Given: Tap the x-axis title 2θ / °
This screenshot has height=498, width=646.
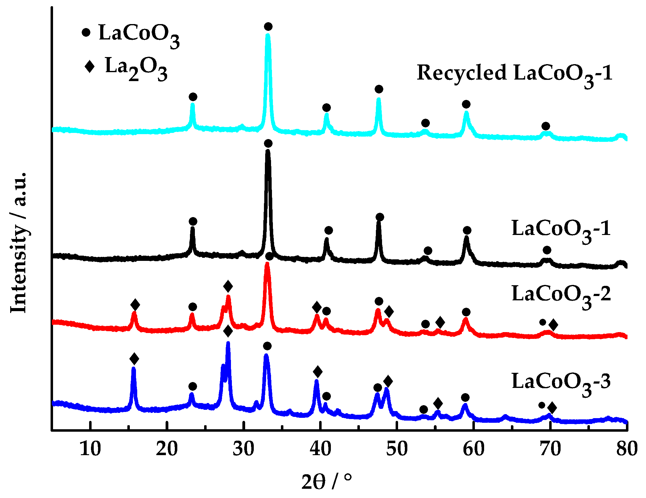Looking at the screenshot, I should tap(326, 481).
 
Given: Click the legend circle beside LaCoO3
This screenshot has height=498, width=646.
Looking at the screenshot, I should tap(86, 32).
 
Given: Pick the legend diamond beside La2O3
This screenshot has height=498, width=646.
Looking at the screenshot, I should tap(89, 66).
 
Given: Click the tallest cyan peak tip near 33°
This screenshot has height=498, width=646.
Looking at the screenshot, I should tap(268, 35).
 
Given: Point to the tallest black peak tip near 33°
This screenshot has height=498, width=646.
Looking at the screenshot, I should tap(268, 151).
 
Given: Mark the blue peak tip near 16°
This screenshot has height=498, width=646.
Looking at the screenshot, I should tap(134, 368).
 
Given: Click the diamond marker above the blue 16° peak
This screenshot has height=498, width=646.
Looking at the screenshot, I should tap(134, 359).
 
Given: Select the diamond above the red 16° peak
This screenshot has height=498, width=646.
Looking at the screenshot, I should tap(135, 305).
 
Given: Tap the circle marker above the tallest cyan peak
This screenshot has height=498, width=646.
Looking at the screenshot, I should tap(268, 27).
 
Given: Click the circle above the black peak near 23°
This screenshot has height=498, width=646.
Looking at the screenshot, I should tap(193, 221).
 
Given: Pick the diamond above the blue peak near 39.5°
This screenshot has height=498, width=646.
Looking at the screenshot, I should tap(318, 372).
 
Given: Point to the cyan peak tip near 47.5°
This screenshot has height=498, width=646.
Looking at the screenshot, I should tap(379, 99).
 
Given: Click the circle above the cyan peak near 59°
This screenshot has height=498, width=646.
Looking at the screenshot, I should tap(466, 104).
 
